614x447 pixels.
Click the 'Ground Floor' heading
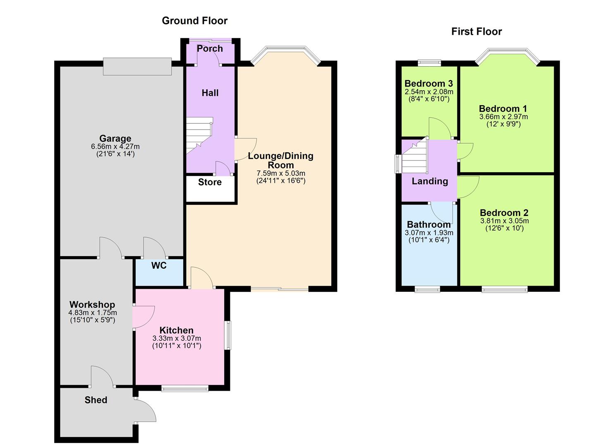[194, 21]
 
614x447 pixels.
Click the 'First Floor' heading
[476, 31]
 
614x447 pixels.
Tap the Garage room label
[115, 139]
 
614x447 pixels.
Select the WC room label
[159, 266]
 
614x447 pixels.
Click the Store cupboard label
[210, 182]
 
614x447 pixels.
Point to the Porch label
[210, 48]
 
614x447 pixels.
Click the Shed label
[96, 400]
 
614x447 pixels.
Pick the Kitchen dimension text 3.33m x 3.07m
[177, 339]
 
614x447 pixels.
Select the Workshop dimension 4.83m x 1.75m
[93, 313]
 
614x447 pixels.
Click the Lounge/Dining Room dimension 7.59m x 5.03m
[281, 173]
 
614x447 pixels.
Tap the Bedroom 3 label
[429, 84]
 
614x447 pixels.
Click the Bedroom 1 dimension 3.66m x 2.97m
[503, 117]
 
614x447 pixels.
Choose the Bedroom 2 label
[504, 213]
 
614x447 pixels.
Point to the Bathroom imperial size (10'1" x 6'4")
[429, 240]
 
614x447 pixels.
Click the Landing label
[430, 181]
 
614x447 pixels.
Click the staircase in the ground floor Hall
[198, 135]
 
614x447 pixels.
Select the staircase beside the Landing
[414, 157]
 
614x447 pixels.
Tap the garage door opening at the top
[137, 67]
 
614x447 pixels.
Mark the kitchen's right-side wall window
[228, 335]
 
